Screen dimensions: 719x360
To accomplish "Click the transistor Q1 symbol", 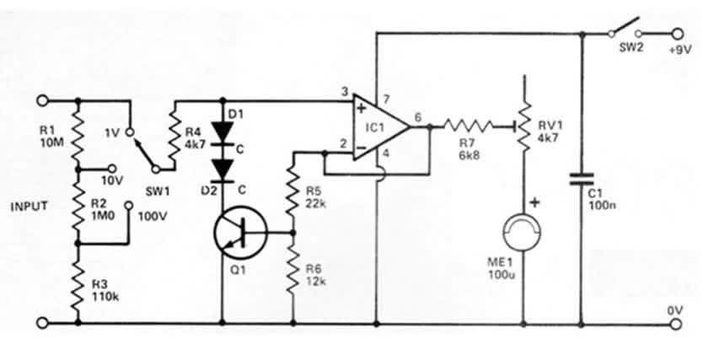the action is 240,233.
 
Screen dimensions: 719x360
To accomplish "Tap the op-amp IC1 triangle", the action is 381,127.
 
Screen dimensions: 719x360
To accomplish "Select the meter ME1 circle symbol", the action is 523,233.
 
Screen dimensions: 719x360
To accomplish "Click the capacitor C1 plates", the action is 582,180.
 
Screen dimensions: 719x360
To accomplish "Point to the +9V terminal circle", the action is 677,34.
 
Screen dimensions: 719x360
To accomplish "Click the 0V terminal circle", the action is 677,324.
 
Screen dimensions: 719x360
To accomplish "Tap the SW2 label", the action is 631,47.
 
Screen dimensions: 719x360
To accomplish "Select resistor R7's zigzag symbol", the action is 468,125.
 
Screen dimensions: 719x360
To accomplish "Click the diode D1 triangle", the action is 223,129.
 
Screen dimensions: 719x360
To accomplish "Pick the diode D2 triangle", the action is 223,170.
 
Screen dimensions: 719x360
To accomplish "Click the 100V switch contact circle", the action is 129,205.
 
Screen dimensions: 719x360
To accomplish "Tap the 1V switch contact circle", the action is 129,133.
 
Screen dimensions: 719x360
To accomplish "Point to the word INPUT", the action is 29,207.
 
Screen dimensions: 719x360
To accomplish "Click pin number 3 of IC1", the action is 345,92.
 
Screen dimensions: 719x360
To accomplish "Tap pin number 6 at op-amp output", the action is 418,117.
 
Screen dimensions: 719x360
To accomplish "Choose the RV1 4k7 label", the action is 548,132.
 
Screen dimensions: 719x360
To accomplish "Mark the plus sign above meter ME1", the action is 534,202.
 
